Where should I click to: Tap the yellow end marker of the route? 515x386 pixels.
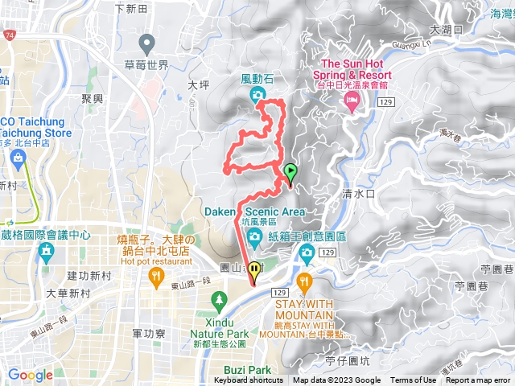tap(254, 272)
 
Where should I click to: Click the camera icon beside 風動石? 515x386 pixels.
tap(257, 96)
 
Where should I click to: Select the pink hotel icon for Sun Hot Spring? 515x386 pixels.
tap(351, 99)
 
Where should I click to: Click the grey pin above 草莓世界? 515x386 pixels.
tap(146, 42)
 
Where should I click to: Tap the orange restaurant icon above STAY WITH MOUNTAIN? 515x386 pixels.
tap(303, 281)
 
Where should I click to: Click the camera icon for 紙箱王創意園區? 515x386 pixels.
tap(306, 254)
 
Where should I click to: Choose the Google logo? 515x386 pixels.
tap(30, 375)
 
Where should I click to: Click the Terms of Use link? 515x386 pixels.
tap(413, 380)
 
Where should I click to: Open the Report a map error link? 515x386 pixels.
tap(478, 380)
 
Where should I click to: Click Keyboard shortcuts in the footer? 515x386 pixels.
tap(249, 380)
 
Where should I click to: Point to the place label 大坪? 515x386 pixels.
tap(197, 84)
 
